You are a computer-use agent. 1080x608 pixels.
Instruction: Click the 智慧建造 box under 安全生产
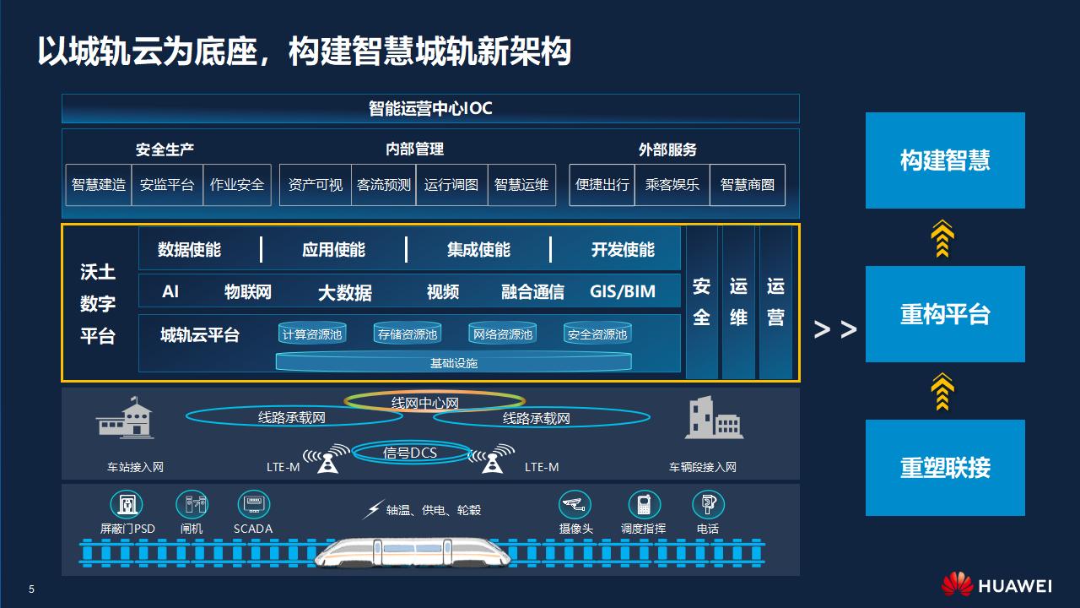click(x=99, y=185)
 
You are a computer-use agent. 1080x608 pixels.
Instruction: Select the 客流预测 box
click(x=383, y=185)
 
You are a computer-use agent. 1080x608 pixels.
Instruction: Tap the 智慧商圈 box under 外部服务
click(x=747, y=185)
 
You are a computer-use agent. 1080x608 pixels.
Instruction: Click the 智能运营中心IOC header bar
click(x=430, y=109)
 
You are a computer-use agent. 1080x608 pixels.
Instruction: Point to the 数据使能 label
click(x=189, y=250)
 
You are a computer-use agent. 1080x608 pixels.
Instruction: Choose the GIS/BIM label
click(x=623, y=292)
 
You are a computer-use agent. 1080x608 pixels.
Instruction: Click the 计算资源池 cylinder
click(x=312, y=334)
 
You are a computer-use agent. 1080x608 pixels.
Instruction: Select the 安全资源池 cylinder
click(x=597, y=334)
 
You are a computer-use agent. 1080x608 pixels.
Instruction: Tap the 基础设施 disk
click(x=454, y=362)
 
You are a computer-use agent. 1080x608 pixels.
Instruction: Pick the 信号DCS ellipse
click(x=411, y=453)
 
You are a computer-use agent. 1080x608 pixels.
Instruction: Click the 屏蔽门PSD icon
click(x=127, y=505)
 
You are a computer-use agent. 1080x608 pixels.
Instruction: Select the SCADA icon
click(x=253, y=505)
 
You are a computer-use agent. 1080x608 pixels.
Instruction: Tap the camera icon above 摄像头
click(x=575, y=505)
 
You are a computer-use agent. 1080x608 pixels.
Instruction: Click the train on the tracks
click(x=413, y=552)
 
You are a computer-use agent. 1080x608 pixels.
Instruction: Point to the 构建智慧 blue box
click(x=945, y=160)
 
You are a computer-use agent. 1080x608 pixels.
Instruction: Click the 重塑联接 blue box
click(x=945, y=468)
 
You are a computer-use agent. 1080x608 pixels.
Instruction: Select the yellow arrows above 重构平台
click(x=942, y=238)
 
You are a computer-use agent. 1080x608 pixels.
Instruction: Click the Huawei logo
click(x=957, y=584)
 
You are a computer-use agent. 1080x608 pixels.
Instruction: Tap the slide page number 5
click(x=32, y=589)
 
